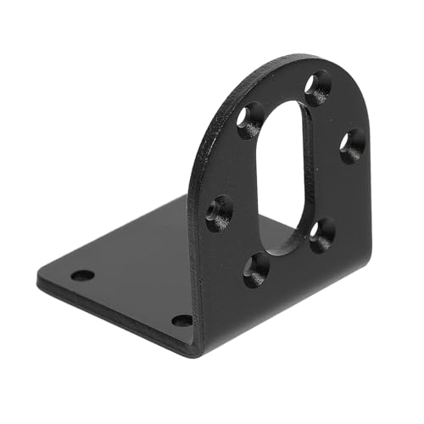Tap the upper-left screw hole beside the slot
coord(251,120)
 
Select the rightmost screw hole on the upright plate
coord(352,144)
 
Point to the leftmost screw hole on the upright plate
coord(220,212)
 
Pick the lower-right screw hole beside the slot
coord(321,234)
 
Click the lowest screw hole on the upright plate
coord(255,269)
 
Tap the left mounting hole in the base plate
coord(82,276)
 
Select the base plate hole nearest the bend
coord(181,321)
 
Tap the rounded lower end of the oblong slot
coord(280,246)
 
